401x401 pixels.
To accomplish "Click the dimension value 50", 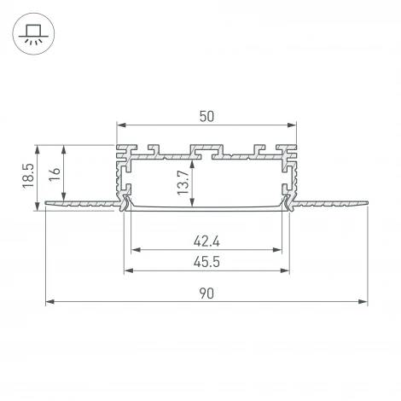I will coord(205,113).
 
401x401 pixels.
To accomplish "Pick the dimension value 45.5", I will coord(205,262).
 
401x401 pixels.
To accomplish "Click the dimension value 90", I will coord(206,293).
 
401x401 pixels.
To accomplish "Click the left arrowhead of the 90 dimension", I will coord(48,302).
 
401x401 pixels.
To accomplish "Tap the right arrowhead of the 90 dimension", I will coord(364,302).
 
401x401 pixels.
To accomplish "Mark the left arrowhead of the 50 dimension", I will coord(119,125).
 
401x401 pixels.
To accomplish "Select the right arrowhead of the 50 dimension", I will coord(292,125).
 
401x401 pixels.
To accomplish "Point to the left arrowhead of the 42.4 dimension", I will coord(134,251).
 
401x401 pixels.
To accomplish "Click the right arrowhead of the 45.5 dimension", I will coord(285,271).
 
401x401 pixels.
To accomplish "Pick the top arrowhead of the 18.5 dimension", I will coord(39,145).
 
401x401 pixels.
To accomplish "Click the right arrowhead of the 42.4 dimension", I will coord(279,251).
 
